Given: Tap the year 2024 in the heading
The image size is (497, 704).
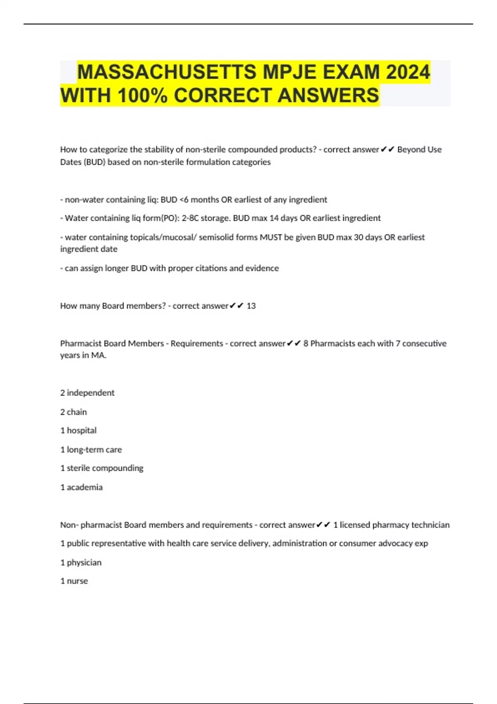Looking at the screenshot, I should point(408,72).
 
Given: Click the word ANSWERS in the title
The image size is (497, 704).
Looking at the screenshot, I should point(328,95).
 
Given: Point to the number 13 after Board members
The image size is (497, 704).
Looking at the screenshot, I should point(251,306).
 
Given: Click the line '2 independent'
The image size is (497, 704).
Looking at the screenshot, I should point(87,393).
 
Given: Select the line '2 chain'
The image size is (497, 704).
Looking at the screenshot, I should point(74,412).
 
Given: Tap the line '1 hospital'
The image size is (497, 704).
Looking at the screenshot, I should point(78,431).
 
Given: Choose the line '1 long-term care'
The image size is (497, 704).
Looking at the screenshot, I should point(91,450).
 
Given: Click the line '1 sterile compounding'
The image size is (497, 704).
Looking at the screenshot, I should point(102,468).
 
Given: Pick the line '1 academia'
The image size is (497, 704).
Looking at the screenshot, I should point(82,487).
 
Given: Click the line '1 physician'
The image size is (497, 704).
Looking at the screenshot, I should point(81,563).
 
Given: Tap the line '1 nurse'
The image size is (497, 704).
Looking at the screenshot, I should point(74,581).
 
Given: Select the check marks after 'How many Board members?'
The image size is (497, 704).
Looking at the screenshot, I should point(236,306).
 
